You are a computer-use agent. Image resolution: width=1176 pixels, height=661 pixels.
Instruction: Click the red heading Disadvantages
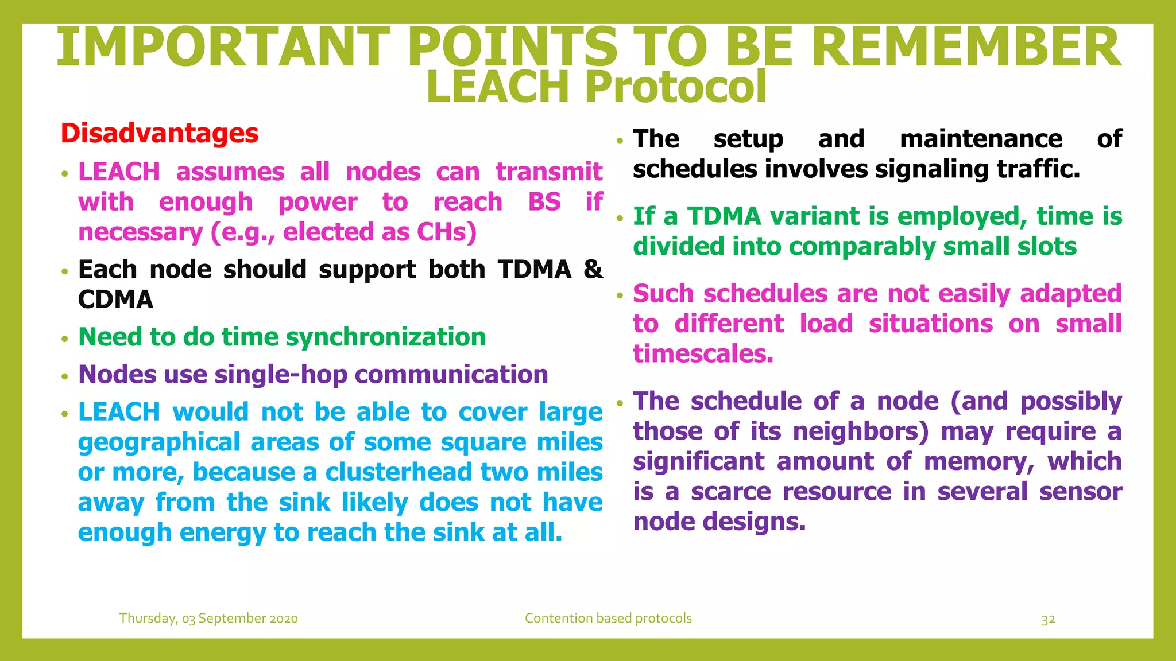click(160, 133)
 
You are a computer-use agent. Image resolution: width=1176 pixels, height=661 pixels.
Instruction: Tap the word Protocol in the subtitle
click(676, 87)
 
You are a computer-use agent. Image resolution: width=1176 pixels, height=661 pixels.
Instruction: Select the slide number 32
click(1048, 619)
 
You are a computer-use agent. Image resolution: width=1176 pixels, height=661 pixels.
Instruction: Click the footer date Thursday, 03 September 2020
click(208, 619)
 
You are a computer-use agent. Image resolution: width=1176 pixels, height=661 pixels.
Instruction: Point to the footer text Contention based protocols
click(608, 619)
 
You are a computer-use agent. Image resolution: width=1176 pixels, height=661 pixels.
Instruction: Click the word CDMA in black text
click(115, 300)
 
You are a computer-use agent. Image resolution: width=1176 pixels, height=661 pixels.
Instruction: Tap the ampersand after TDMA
click(593, 269)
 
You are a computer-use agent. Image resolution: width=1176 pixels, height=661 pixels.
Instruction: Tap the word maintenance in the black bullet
click(981, 139)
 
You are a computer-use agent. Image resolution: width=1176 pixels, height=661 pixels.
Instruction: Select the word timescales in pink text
click(703, 354)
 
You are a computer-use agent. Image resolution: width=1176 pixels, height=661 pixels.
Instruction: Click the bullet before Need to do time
click(65, 339)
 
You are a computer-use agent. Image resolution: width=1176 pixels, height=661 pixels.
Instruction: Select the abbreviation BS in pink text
click(544, 202)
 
